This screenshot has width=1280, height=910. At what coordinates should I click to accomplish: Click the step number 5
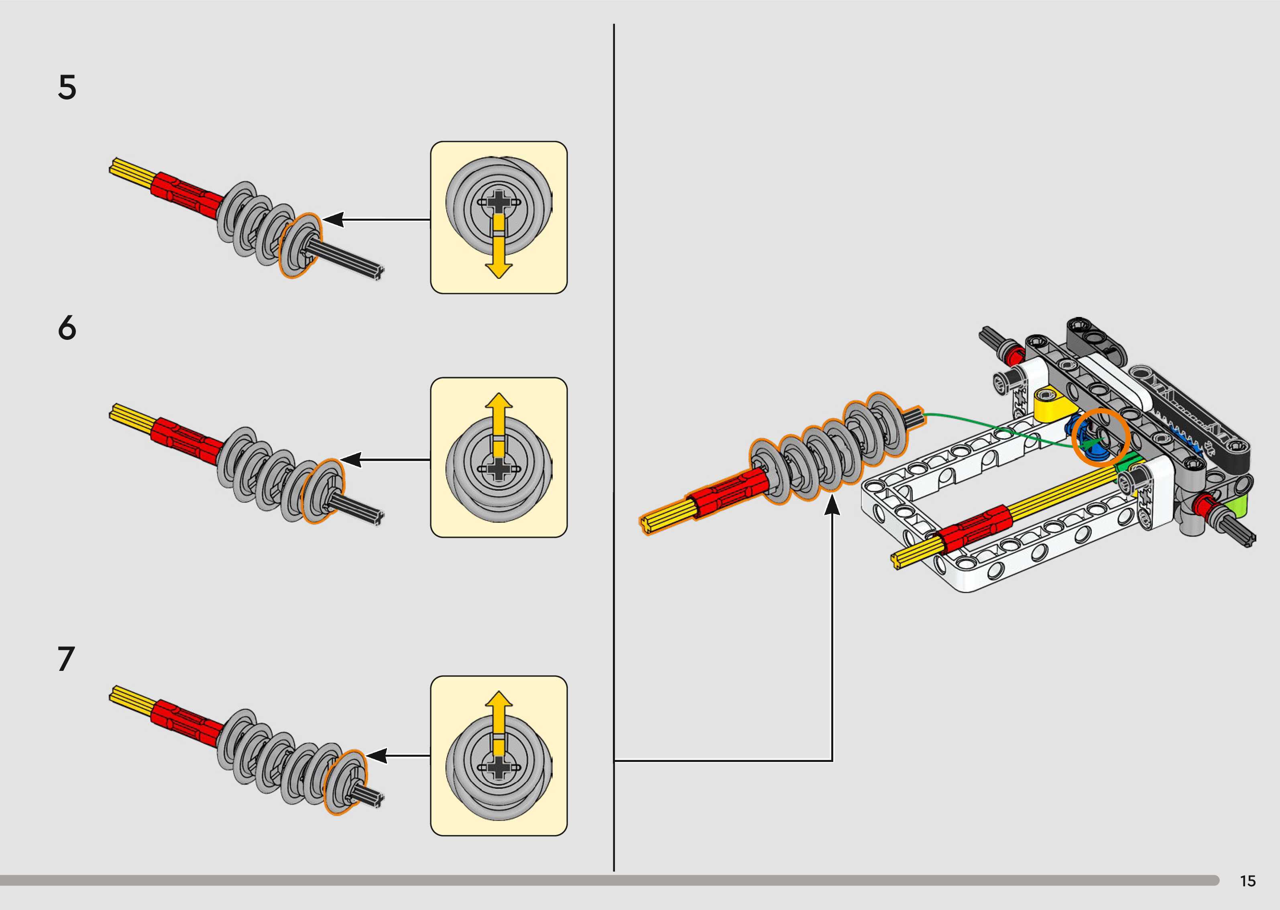67,88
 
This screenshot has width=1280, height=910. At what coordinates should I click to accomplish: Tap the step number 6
67,328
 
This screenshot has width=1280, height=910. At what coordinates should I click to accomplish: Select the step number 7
66,659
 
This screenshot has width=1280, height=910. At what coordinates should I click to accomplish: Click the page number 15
1247,881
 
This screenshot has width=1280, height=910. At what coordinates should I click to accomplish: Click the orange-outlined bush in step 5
300,246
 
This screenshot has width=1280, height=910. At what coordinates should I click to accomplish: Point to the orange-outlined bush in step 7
345,781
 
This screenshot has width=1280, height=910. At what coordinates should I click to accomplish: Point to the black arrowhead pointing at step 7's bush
376,756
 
